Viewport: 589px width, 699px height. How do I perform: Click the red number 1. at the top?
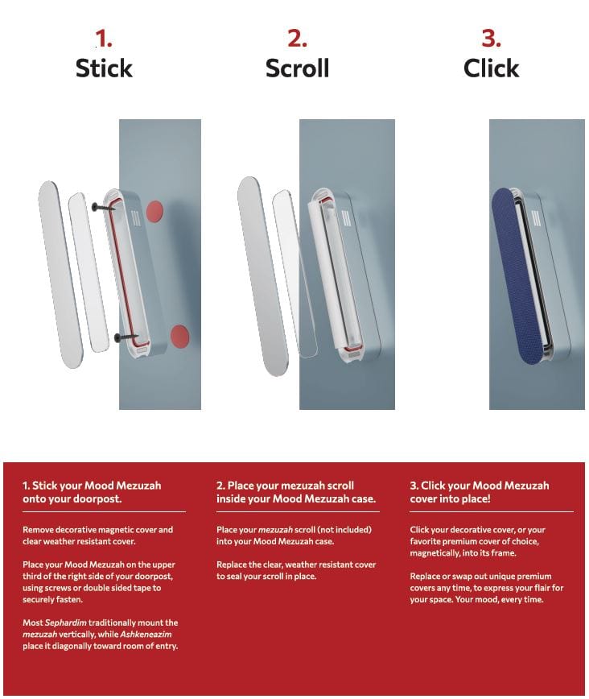(x=103, y=38)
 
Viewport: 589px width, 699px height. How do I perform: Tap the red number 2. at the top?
(x=297, y=38)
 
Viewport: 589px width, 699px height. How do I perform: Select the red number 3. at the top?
(x=491, y=38)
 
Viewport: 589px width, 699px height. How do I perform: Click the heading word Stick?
(x=103, y=68)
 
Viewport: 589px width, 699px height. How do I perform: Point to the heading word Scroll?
(x=297, y=68)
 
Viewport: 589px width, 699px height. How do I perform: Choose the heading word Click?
(x=491, y=68)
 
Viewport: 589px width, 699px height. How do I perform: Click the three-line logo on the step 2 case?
(x=345, y=220)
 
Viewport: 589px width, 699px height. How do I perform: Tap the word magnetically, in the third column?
(x=443, y=552)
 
